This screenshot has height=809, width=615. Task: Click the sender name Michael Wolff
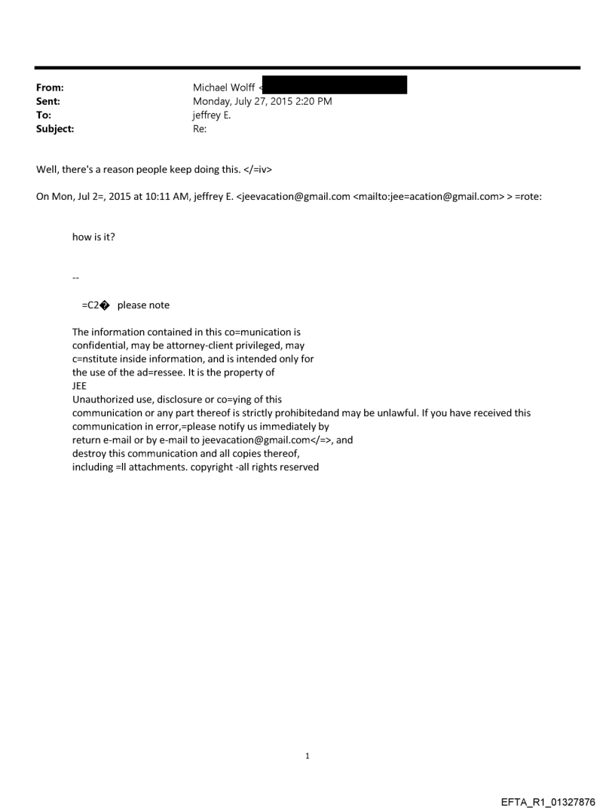click(224, 87)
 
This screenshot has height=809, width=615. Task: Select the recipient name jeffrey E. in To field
click(213, 115)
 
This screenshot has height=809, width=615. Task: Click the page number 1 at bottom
click(307, 755)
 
